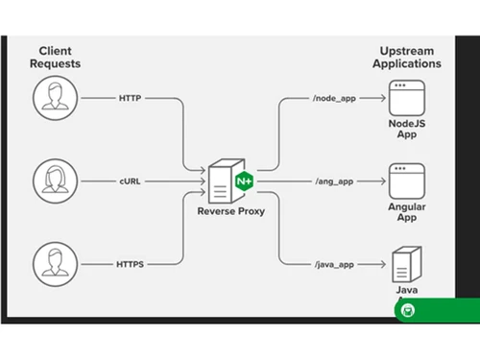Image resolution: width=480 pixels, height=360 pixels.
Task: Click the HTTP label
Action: [131, 98]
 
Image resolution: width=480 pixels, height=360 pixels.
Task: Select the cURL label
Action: [131, 180]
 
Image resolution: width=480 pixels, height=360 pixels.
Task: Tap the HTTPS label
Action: [131, 261]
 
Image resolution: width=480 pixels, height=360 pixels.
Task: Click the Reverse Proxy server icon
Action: [222, 180]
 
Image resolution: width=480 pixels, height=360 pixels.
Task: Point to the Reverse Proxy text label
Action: [230, 211]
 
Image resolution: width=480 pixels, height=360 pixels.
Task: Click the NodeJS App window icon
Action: [406, 97]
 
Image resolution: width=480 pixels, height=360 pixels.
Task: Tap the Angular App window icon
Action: [406, 179]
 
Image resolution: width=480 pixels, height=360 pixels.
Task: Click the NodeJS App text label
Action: [406, 128]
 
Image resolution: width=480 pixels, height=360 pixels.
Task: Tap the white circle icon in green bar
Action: [409, 310]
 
